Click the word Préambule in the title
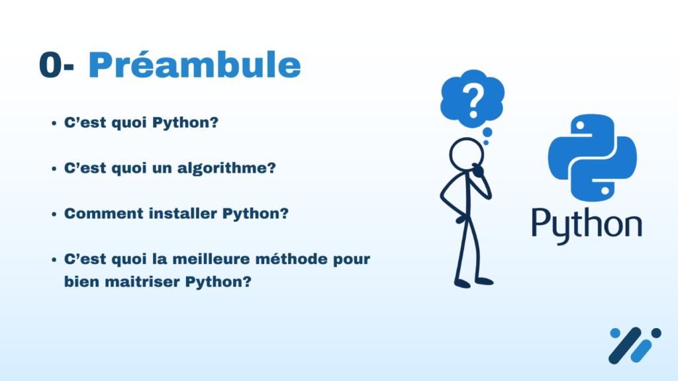point(194,65)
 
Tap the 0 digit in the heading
point(50,65)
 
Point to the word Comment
point(104,214)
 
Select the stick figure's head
point(466,154)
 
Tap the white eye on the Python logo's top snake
point(580,126)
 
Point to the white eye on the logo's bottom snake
point(605,190)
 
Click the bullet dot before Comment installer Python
point(54,214)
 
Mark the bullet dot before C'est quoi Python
point(54,124)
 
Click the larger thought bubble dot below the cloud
point(487,132)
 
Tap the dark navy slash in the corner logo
point(624,345)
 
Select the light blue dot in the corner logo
point(615,333)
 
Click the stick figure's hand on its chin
point(478,170)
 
